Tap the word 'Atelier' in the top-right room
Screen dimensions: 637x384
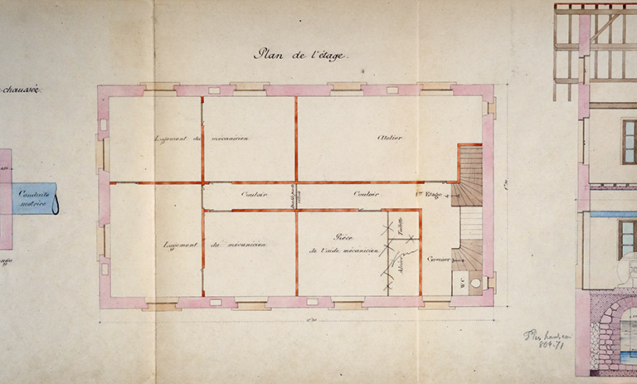[x=389, y=137]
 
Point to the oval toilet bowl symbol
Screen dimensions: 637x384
[x=474, y=282]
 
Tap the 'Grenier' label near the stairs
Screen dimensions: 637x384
[x=439, y=259]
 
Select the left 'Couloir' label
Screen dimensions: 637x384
[x=254, y=195]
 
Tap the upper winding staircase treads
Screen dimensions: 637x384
[x=469, y=175]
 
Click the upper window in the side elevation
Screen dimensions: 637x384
[x=629, y=141]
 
